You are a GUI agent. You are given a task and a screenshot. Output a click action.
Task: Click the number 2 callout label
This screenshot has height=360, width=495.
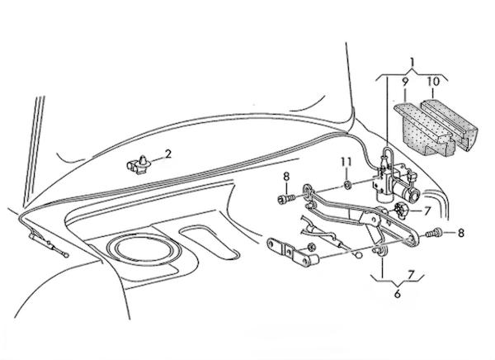pyautogui.click(x=167, y=154)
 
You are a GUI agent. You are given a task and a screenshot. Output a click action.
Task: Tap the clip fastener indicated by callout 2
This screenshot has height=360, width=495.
pyautogui.click(x=139, y=164)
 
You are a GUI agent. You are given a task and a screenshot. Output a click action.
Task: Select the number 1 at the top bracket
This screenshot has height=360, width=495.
pyautogui.click(x=412, y=63)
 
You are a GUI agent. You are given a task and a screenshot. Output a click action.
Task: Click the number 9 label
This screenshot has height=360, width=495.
pyautogui.click(x=405, y=81)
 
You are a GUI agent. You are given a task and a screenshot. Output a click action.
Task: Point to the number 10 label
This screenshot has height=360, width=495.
pyautogui.click(x=433, y=82)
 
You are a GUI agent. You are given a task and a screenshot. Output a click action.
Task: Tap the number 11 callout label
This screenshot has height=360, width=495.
pyautogui.click(x=346, y=162)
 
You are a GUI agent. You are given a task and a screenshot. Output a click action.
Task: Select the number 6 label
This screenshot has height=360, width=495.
pyautogui.click(x=398, y=294)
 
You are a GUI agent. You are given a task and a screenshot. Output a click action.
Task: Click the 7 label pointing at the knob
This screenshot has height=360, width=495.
pyautogui.click(x=427, y=211)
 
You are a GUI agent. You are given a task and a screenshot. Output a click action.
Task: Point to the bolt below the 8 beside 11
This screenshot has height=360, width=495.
pyautogui.click(x=286, y=199)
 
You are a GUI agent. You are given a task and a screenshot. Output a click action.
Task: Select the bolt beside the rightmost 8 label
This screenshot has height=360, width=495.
pyautogui.click(x=433, y=233)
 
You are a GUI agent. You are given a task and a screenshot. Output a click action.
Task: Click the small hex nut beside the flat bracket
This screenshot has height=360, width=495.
pyautogui.click(x=310, y=246)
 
